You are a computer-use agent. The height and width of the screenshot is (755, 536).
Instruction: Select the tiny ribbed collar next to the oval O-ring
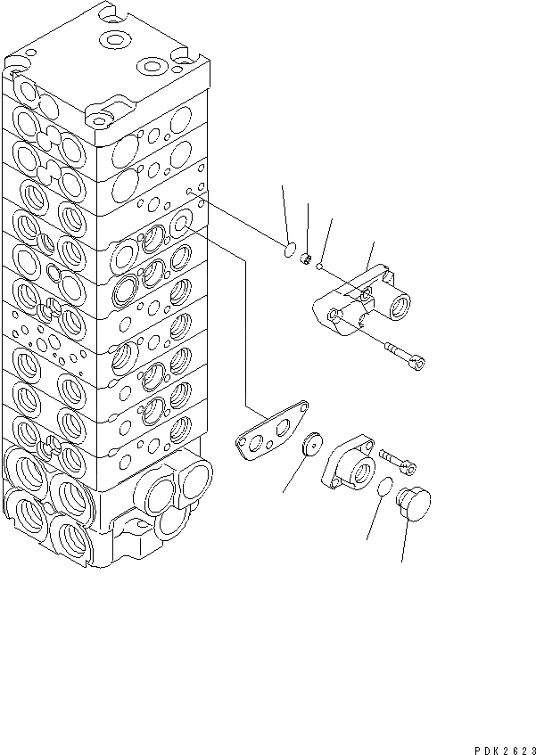coord(304,259)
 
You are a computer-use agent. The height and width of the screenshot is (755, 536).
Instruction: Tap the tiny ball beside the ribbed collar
coord(319,264)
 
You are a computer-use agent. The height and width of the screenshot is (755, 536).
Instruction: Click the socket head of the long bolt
coord(417,360)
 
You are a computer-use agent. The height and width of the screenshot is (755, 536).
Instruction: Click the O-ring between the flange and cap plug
coord(383,488)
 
